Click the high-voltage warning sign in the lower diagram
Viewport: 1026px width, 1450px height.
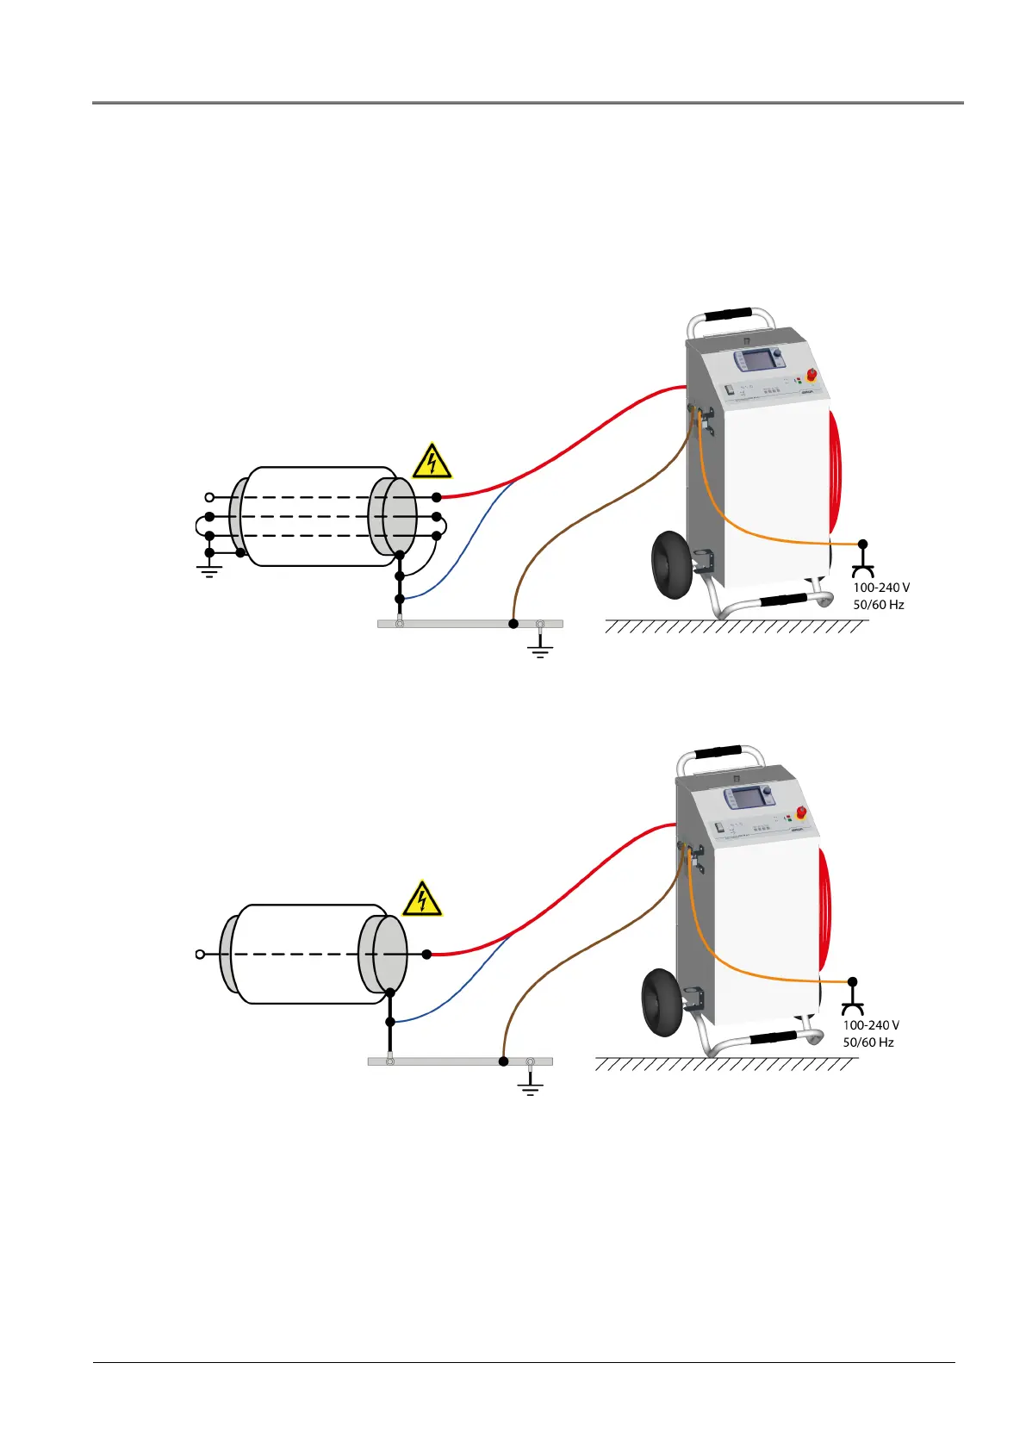422,899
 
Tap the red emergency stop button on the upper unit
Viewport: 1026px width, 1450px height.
811,376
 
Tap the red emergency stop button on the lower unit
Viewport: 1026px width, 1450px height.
800,812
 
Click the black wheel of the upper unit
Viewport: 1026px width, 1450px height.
671,564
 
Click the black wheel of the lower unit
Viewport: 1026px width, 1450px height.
661,1002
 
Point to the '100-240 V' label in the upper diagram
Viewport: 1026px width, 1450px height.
881,588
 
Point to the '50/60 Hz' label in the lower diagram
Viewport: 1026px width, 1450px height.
868,1042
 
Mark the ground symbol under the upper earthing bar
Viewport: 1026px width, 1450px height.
540,648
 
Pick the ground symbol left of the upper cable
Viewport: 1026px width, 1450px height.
209,568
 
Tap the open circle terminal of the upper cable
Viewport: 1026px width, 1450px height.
209,497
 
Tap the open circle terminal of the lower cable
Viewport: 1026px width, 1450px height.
200,954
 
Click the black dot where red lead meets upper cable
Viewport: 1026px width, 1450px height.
437,497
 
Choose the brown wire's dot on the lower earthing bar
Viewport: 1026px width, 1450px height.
504,1061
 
